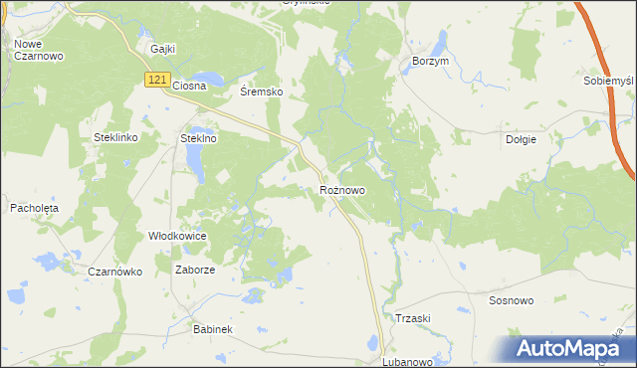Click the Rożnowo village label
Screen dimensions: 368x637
(342, 189)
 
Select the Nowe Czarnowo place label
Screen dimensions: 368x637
(39, 50)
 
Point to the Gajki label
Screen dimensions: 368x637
(163, 48)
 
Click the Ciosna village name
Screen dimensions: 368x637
(189, 86)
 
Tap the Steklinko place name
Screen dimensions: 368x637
(114, 137)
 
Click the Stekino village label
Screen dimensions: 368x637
(198, 139)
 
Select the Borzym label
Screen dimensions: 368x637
(432, 61)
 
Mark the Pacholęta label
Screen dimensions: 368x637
(35, 208)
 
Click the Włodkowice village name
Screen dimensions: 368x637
(177, 237)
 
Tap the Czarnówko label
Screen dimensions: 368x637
(115, 272)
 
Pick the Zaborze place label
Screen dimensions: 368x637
(195, 270)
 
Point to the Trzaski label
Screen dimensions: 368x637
(412, 318)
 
